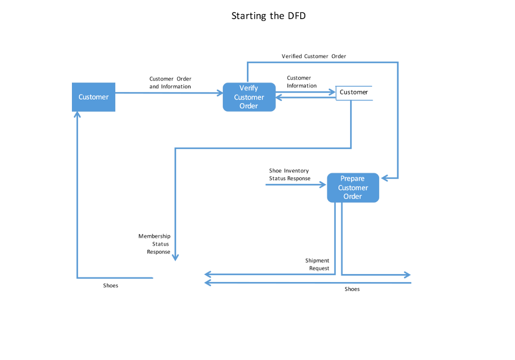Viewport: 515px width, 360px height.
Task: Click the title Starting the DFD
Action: [268, 16]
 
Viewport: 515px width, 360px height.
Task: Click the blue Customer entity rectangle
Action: [94, 97]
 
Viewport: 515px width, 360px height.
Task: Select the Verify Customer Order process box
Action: [249, 97]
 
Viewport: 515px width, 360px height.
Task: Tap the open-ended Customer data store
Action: [354, 93]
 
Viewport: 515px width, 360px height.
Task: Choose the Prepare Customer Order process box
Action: [353, 188]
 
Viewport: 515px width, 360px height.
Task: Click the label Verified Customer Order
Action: [314, 56]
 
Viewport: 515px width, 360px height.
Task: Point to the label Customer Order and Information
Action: [170, 82]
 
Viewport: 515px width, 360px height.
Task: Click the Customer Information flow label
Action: [302, 82]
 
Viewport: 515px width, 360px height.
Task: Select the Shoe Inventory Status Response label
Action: [290, 174]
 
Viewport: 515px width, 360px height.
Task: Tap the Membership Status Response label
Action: [155, 244]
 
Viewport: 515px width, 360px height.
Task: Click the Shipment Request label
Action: [317, 264]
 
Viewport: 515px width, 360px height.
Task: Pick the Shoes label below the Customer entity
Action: [111, 286]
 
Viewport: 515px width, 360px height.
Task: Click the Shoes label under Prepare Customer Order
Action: [352, 289]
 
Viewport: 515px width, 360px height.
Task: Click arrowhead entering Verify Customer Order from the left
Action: [220, 93]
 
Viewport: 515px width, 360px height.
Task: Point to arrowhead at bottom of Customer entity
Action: [77, 114]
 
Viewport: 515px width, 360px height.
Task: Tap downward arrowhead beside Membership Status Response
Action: [175, 257]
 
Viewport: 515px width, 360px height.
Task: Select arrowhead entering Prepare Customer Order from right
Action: [384, 178]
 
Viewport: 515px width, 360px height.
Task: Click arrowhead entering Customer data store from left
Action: [332, 92]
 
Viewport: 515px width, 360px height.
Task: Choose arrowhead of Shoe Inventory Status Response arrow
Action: [324, 185]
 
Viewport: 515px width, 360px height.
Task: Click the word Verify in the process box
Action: [248, 88]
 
